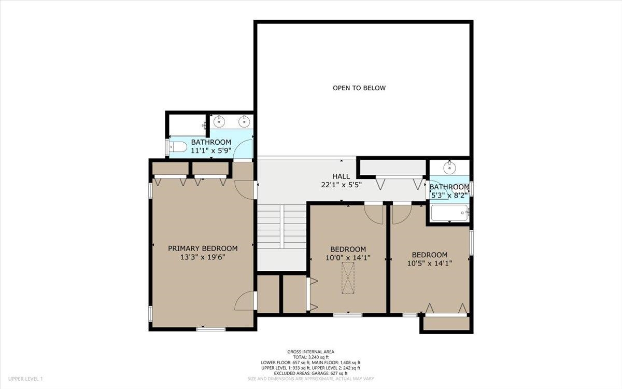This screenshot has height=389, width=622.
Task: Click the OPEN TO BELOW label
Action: (x=359, y=88)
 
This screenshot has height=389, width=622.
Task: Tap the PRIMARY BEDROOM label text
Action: (x=203, y=248)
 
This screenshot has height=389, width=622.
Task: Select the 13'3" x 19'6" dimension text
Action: (x=203, y=257)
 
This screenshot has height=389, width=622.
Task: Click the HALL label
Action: (x=341, y=177)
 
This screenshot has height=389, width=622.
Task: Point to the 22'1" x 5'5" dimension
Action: (x=341, y=185)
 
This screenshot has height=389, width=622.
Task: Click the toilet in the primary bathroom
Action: (x=178, y=147)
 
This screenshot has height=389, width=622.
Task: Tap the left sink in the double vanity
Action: (x=219, y=122)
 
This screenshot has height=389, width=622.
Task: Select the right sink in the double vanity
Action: (x=244, y=122)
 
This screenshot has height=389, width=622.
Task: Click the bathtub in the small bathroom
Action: (x=449, y=213)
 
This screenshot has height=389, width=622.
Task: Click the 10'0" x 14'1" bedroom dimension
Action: (x=348, y=257)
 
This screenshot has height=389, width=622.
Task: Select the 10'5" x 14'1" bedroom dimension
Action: (x=429, y=263)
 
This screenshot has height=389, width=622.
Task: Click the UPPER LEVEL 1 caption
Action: (x=25, y=379)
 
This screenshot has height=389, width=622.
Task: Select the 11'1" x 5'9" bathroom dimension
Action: (x=211, y=150)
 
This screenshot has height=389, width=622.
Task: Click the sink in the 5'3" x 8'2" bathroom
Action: (x=449, y=168)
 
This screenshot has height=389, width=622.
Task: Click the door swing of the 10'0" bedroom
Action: (x=373, y=213)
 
